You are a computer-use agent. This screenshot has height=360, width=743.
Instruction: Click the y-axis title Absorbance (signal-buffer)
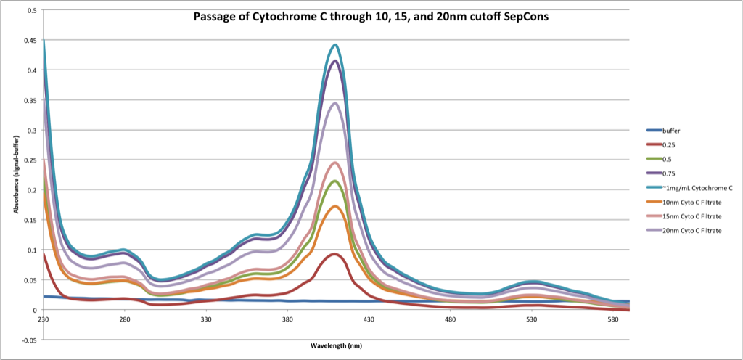[16, 174]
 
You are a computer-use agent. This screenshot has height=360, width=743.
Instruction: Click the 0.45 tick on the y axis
[30, 41]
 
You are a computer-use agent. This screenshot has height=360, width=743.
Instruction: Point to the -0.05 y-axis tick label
[30, 340]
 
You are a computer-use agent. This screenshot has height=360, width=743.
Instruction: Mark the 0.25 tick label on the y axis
[30, 160]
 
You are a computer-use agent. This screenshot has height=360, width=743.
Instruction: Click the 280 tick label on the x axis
[125, 319]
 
